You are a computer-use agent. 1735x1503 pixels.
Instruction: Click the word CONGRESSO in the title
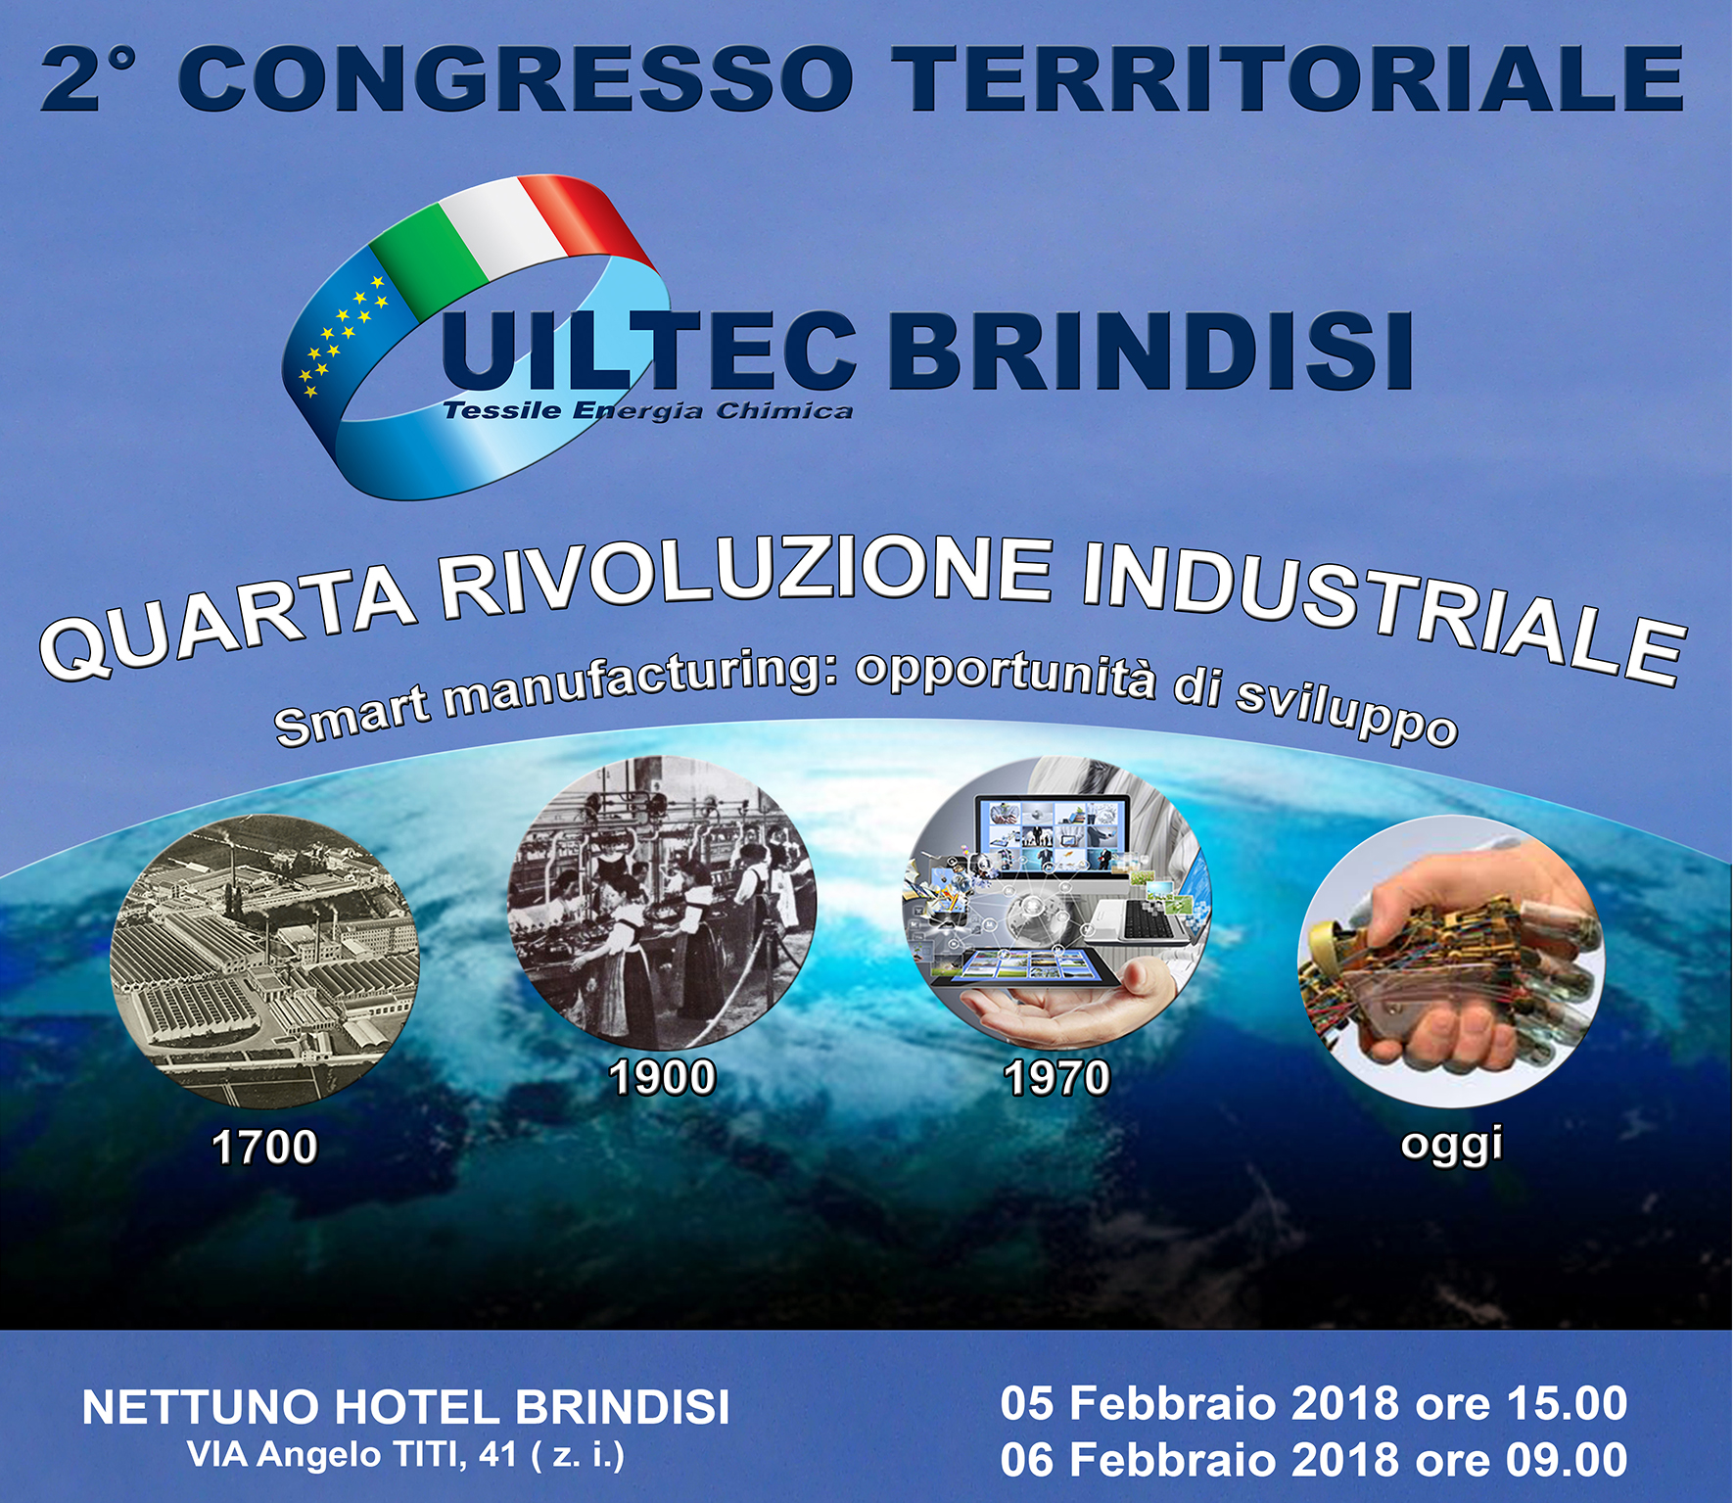tap(517, 78)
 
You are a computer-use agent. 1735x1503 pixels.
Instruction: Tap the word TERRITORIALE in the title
tap(1288, 78)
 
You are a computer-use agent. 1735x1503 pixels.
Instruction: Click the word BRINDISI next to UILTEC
tap(1150, 351)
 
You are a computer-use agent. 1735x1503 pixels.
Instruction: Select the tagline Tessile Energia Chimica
tap(647, 410)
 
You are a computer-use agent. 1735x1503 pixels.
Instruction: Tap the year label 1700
tap(264, 1147)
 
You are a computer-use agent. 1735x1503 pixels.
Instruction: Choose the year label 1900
tap(662, 1077)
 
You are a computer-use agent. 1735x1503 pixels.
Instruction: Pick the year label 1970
tap(1056, 1077)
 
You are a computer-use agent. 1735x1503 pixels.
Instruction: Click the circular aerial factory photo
tap(264, 964)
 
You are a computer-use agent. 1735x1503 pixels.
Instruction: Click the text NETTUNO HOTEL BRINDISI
tap(405, 1407)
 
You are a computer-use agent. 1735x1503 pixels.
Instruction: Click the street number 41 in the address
tap(498, 1455)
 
